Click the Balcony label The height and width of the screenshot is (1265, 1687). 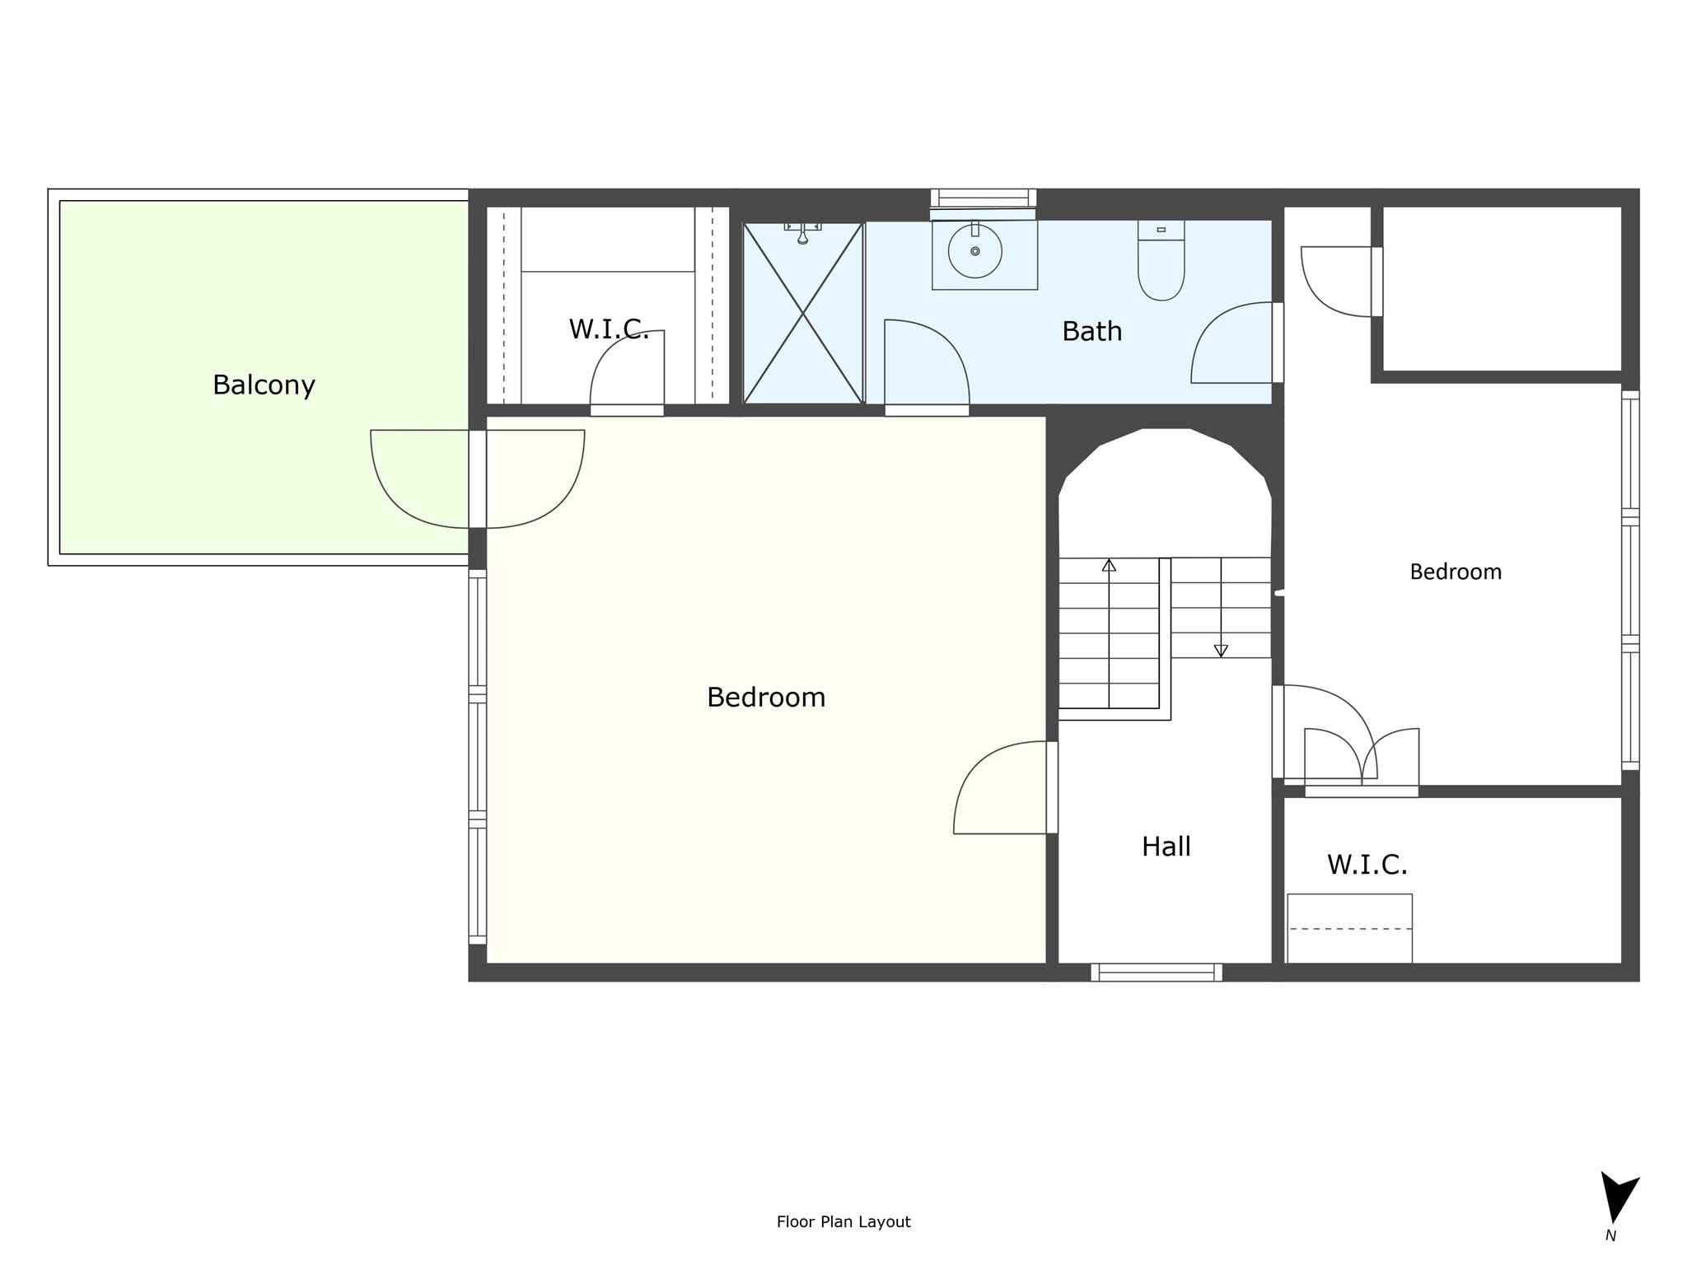pyautogui.click(x=264, y=385)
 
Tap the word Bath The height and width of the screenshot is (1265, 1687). pyautogui.click(x=1091, y=331)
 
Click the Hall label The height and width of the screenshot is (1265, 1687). pyautogui.click(x=1166, y=846)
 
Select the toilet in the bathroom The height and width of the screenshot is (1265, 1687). pyautogui.click(x=1161, y=259)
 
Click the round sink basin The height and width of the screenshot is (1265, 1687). pyautogui.click(x=975, y=251)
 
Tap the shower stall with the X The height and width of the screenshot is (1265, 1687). pyautogui.click(x=803, y=313)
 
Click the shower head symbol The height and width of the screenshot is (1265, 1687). pyautogui.click(x=802, y=232)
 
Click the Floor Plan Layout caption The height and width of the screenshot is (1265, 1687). pyautogui.click(x=843, y=1221)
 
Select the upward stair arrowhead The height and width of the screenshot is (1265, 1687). pyautogui.click(x=1110, y=565)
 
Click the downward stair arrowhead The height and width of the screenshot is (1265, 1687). pyautogui.click(x=1221, y=651)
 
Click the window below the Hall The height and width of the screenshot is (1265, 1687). pyautogui.click(x=1157, y=973)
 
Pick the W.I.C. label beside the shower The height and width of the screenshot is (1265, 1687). pyautogui.click(x=609, y=329)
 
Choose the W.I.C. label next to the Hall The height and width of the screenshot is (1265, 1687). pyautogui.click(x=1367, y=865)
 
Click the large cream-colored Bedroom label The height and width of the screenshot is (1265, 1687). pyautogui.click(x=766, y=698)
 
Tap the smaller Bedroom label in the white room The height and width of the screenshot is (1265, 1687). pyautogui.click(x=1456, y=572)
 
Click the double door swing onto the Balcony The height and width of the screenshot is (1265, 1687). pyautogui.click(x=478, y=479)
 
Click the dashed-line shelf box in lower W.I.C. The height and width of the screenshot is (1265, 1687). pyautogui.click(x=1349, y=928)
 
